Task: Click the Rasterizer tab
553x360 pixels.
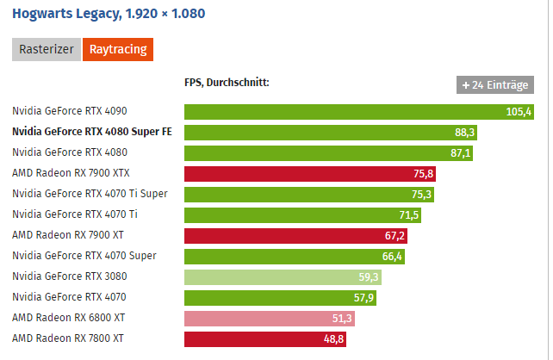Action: (47, 50)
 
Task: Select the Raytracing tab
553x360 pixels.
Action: (117, 50)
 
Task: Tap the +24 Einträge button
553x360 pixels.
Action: (495, 85)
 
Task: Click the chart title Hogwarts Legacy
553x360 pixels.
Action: (109, 15)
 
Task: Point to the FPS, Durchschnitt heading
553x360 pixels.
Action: (227, 83)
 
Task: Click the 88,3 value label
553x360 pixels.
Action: (464, 133)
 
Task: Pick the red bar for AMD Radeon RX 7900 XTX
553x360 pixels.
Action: (310, 173)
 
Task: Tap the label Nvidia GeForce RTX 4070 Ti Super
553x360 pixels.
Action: (90, 194)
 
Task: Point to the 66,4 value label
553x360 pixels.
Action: (392, 256)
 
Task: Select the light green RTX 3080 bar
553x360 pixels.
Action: (283, 276)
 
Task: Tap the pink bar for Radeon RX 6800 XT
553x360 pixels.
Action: (269, 318)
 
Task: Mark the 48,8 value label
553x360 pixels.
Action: (333, 338)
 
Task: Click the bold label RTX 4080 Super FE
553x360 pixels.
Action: (92, 133)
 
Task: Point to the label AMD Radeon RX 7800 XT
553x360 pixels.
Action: (68, 338)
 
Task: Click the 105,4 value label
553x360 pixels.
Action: (519, 112)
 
